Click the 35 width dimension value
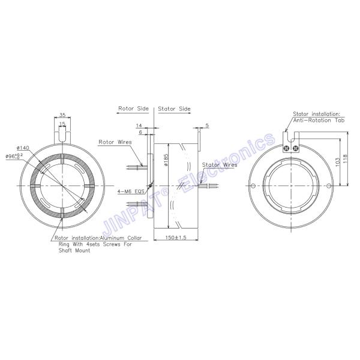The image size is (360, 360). tap(62, 115)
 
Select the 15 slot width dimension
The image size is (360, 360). tap(62, 124)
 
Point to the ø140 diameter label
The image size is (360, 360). tap(23, 148)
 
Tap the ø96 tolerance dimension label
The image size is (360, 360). tap(14, 157)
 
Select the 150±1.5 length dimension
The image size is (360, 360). tap(176, 238)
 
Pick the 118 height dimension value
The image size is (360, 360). tap(345, 159)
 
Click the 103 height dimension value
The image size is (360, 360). tap(338, 162)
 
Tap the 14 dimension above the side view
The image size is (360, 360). tap(139, 125)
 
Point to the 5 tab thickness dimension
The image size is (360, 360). tap(207, 125)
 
